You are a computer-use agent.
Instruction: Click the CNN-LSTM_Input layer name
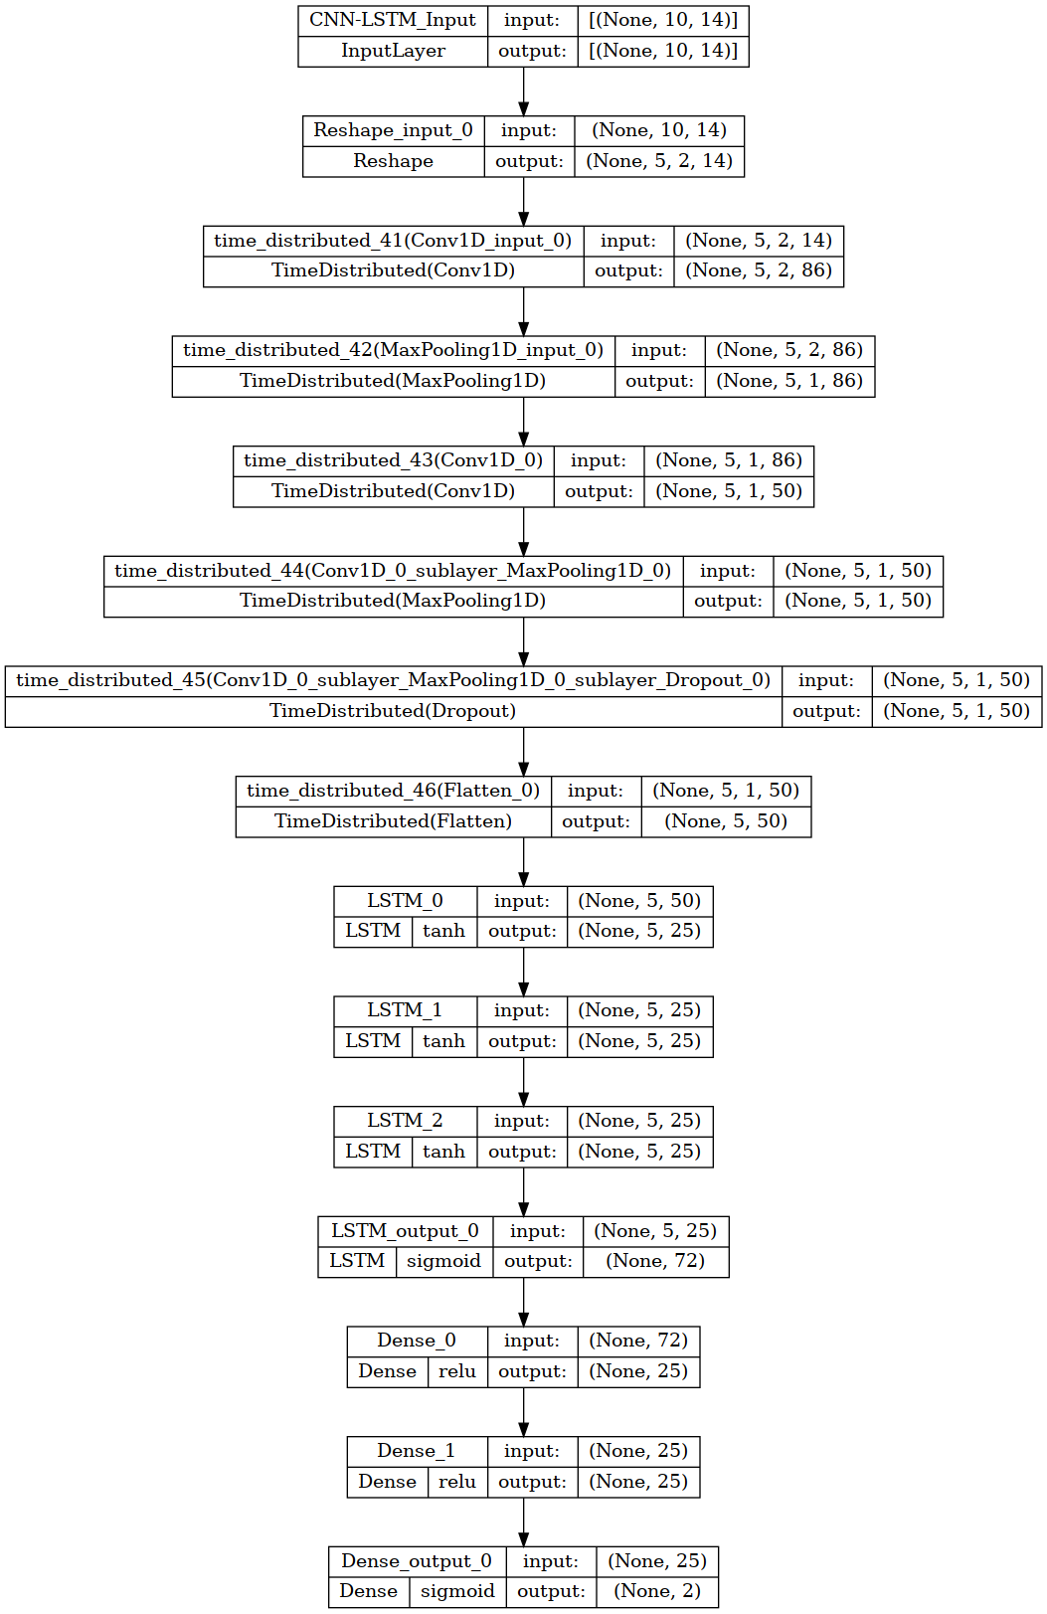tap(393, 20)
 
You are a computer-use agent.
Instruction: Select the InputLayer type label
tap(393, 51)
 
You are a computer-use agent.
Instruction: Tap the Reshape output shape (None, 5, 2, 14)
tap(659, 161)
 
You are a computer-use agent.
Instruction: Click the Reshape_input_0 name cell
tap(393, 130)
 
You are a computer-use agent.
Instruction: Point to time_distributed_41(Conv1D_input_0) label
tap(393, 241)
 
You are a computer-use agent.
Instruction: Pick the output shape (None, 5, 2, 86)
tap(759, 270)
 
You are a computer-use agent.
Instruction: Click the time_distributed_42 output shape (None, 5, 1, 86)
tap(789, 381)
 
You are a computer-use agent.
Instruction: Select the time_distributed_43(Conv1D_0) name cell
tap(394, 461)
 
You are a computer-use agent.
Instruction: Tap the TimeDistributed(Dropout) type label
tap(393, 711)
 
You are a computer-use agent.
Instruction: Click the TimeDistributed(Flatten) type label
tap(393, 821)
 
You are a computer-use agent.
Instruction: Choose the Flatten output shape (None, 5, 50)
tap(726, 821)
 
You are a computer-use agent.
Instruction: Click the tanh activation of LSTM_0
tap(443, 931)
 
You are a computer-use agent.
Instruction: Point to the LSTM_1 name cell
tap(405, 1011)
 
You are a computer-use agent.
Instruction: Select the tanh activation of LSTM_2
tap(443, 1152)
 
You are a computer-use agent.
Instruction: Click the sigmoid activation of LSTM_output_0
tap(443, 1262)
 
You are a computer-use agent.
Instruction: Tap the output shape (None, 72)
tap(655, 1261)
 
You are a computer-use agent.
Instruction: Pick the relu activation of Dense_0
tap(457, 1371)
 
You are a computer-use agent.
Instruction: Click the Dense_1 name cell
tap(417, 1451)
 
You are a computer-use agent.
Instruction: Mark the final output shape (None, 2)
tap(657, 1591)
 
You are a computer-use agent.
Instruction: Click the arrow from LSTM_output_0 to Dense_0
tap(524, 1302)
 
